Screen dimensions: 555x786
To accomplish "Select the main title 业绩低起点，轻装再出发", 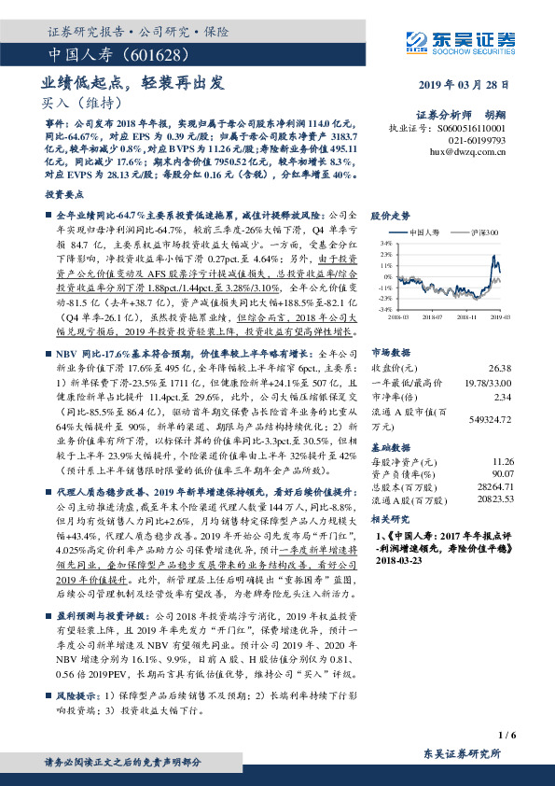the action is (133, 82).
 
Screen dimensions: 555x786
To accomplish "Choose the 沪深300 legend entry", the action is (486, 232).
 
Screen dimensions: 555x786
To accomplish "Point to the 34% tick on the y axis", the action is (387, 243).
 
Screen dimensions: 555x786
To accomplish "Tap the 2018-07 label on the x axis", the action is (430, 316).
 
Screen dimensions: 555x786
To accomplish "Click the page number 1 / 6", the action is (507, 734).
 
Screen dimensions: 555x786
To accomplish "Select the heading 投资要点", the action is (63, 196).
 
